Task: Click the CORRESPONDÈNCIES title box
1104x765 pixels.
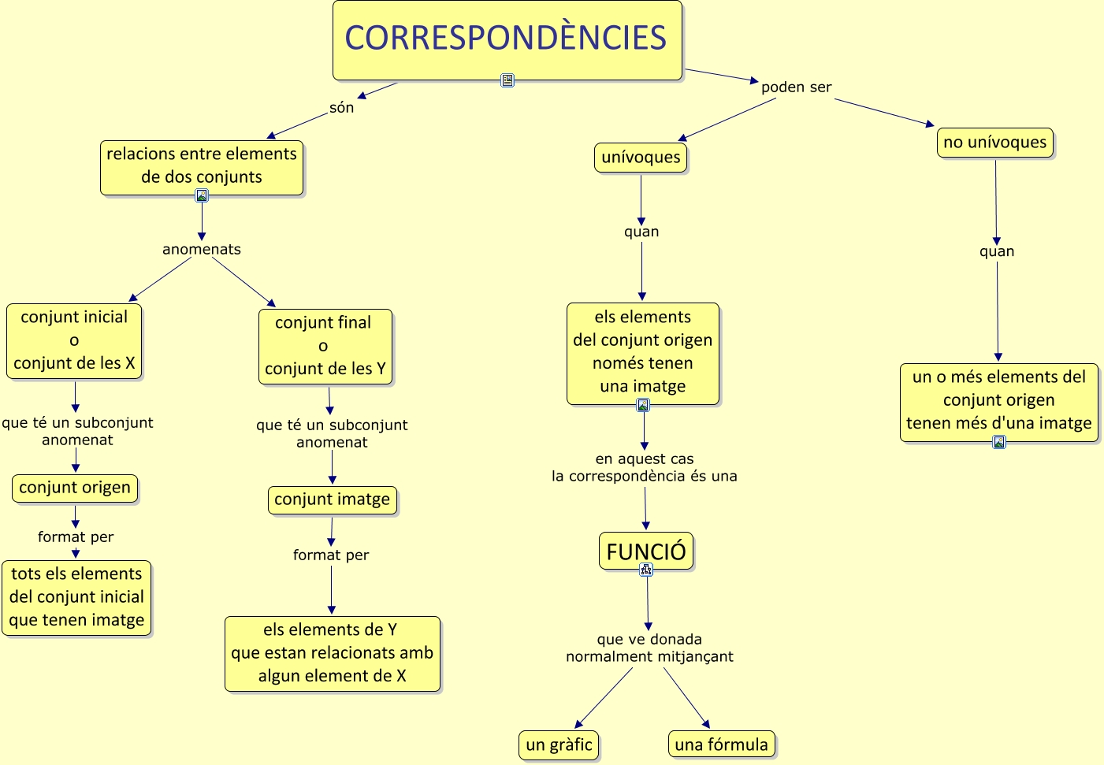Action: click(507, 40)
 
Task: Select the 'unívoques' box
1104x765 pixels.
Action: click(641, 158)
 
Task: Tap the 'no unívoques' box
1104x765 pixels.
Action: click(994, 143)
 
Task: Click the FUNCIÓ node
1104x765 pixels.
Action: click(646, 551)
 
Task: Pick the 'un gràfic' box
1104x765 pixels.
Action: click(559, 745)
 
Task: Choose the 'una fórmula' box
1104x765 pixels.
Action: click(722, 745)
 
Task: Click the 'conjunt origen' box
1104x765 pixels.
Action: click(75, 488)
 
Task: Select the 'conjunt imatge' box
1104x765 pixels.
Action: click(333, 500)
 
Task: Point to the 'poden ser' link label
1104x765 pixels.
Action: click(796, 87)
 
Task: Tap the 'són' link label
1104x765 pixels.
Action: click(341, 107)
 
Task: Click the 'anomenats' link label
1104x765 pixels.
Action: click(202, 250)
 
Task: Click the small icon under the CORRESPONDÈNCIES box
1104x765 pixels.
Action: click(507, 80)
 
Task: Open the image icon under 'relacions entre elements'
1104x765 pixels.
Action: click(202, 195)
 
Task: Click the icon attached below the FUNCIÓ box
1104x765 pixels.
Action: click(646, 570)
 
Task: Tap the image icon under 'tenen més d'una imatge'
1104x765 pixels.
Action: click(999, 442)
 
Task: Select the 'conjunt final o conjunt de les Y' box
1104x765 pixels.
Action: click(325, 347)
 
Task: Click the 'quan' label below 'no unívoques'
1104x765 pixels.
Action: click(997, 251)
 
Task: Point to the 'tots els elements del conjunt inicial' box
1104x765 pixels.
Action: click(76, 598)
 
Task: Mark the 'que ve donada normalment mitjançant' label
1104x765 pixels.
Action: click(649, 648)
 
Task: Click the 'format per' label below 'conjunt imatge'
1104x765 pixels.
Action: click(331, 555)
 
